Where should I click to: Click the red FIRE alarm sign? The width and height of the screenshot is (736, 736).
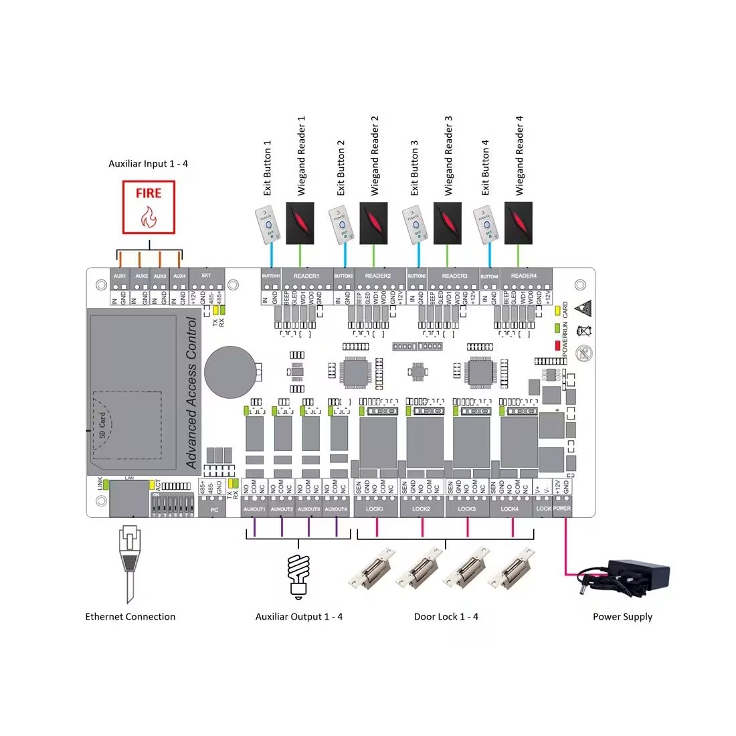tap(149, 207)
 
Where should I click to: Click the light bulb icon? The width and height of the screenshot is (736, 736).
tap(298, 574)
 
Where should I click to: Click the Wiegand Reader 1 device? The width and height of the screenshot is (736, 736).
tap(302, 223)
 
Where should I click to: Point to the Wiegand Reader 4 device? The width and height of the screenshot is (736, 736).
tap(519, 223)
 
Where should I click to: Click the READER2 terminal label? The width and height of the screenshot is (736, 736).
tap(378, 276)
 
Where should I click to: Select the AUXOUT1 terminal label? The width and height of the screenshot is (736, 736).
tap(254, 509)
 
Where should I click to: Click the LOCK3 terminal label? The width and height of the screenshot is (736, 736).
tap(467, 509)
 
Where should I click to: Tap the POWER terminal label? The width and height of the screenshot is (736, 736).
tap(562, 509)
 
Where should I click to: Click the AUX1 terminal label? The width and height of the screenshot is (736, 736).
tap(120, 276)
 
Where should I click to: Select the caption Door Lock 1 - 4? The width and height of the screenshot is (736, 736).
tap(446, 617)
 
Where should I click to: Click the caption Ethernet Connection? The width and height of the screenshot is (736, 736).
tap(130, 617)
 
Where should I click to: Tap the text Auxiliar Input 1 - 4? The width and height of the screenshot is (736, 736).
tap(149, 163)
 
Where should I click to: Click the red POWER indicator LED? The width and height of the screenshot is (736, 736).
tap(557, 345)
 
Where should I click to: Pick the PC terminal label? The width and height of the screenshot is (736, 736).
tap(214, 510)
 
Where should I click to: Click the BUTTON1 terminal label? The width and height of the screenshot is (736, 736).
tap(271, 276)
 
